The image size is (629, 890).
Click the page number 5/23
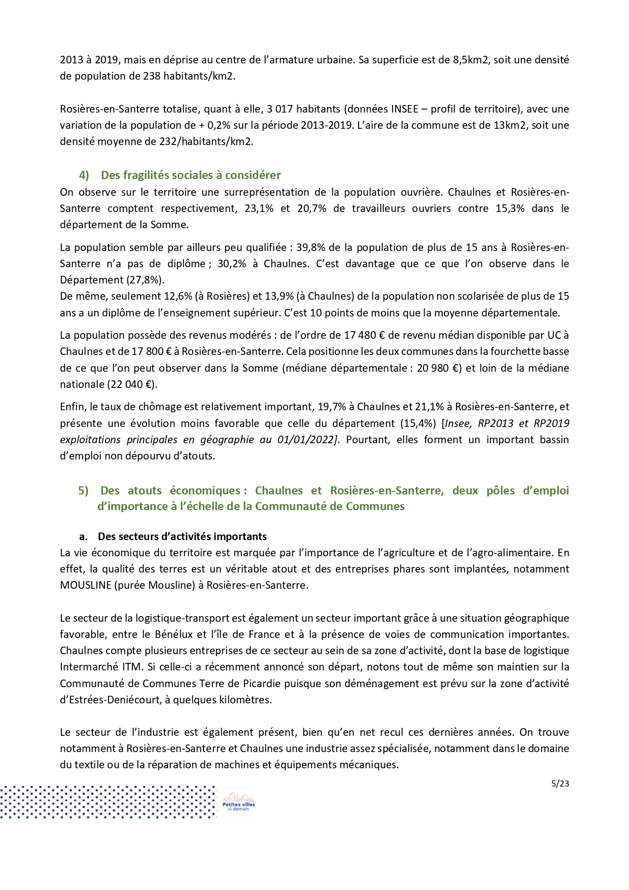pos(560,784)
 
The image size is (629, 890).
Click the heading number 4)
pos(84,175)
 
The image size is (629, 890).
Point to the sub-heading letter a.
pos(83,537)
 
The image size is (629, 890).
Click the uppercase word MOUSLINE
pos(85,585)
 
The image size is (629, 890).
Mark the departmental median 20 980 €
pos(439,368)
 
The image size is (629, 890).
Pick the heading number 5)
pos(83,491)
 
